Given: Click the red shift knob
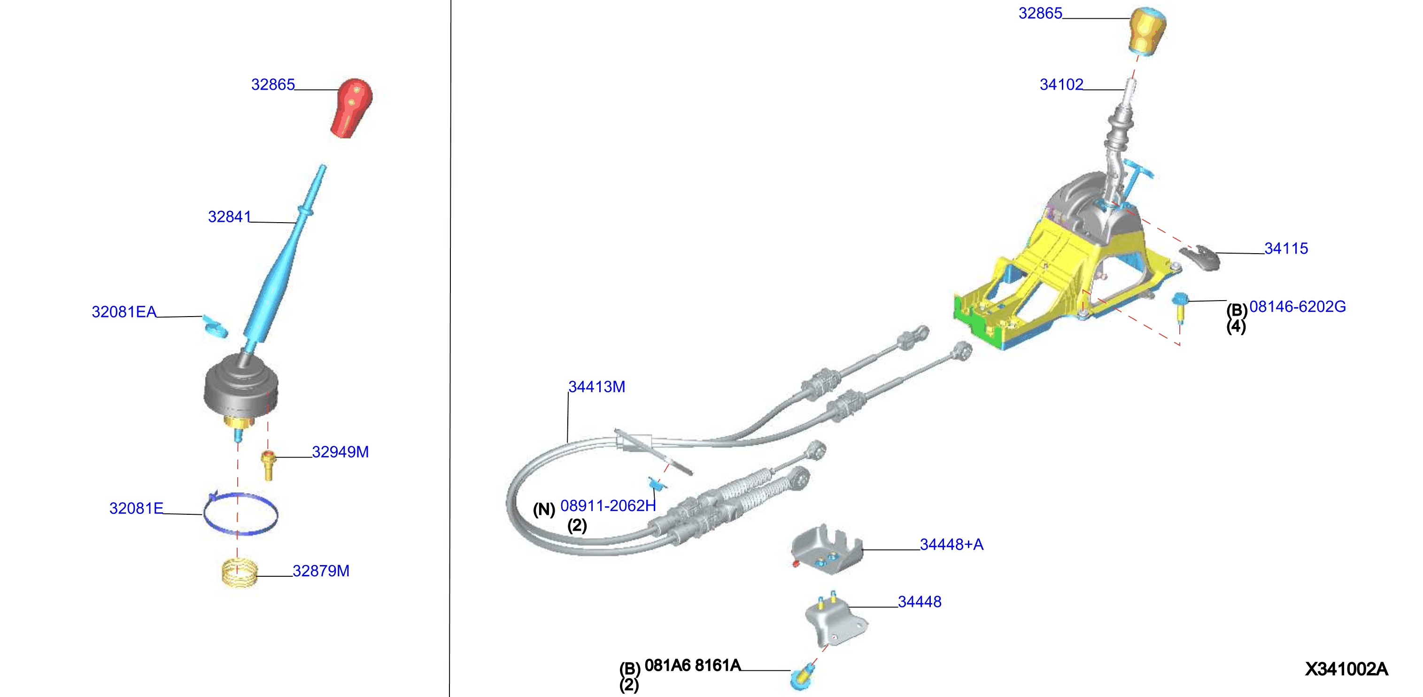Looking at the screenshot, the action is tap(351, 108).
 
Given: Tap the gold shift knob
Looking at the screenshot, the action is tap(1147, 31).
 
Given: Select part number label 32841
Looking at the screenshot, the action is tap(229, 217).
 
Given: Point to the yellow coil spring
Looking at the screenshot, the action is tap(240, 573).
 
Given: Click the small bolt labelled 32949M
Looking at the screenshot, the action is tap(269, 465).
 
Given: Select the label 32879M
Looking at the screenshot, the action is tap(321, 571).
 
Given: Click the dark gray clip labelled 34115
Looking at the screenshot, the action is tap(1200, 256).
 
